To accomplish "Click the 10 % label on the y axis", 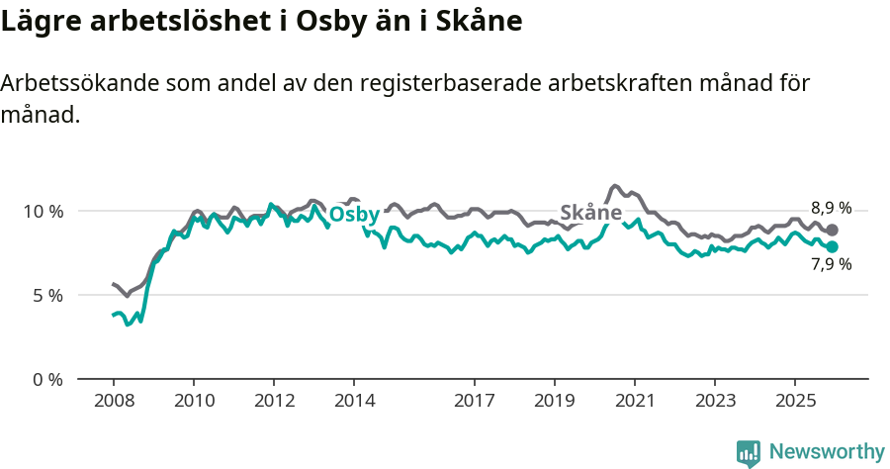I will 42,212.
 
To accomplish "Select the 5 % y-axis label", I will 45,296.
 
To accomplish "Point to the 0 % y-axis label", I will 45,380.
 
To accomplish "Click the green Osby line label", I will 354,216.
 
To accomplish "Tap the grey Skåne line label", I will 590,213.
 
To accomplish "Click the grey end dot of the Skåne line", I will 832,230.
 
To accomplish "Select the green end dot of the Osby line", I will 832,246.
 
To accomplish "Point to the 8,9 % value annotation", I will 831,209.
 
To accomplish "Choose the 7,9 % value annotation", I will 831,265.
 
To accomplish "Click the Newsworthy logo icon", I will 749,453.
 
